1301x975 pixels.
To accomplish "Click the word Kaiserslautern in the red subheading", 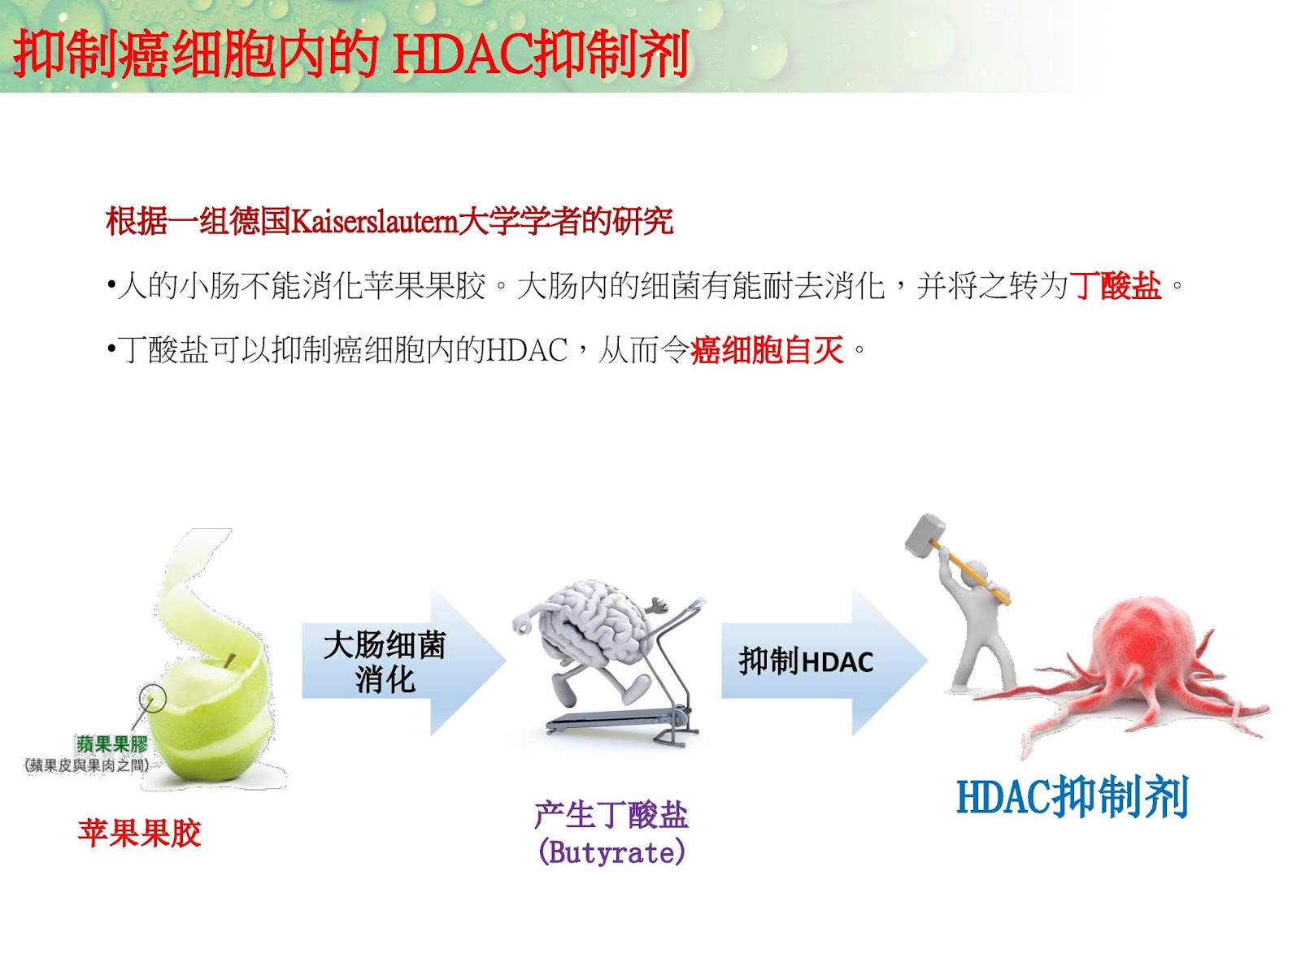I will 373,221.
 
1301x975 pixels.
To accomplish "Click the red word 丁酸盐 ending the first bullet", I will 1115,286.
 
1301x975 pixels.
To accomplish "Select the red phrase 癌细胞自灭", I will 767,351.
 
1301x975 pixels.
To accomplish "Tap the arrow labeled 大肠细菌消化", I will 398,661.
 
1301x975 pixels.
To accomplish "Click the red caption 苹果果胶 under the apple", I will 139,834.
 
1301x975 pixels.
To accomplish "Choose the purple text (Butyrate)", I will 611,852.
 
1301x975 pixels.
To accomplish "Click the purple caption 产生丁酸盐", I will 611,815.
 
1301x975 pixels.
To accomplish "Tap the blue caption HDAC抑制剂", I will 1073,797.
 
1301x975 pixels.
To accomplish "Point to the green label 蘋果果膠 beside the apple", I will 112,743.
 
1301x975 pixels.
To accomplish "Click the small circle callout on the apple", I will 152,697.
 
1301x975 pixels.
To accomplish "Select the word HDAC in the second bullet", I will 527,351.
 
